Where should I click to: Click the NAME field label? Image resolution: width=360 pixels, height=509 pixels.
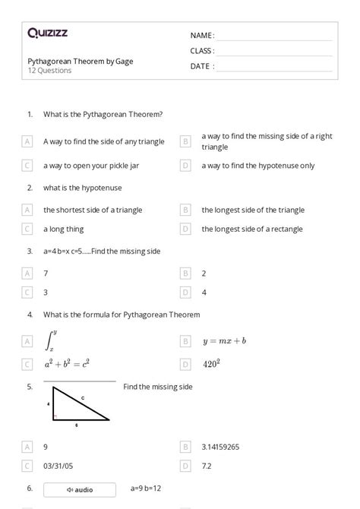(202, 36)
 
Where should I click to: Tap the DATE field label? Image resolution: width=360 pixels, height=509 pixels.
(202, 66)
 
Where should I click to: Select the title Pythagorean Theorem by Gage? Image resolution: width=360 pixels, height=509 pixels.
(81, 61)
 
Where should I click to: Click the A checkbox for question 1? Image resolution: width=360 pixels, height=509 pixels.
(27, 141)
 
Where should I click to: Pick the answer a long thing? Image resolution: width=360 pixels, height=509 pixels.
(64, 229)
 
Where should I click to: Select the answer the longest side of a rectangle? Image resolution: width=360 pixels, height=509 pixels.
(252, 229)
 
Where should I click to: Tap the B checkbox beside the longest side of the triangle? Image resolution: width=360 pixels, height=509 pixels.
(185, 210)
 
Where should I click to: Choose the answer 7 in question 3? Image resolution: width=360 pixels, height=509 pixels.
(46, 273)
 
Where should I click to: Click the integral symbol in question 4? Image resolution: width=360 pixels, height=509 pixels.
(52, 340)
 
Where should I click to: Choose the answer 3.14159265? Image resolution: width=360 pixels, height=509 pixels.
(221, 447)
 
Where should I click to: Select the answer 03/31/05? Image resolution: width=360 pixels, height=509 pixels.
(58, 465)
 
